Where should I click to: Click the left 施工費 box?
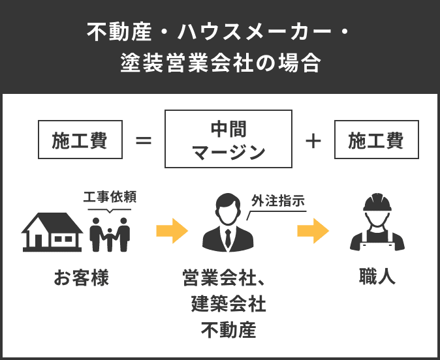81,140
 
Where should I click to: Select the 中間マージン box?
228,139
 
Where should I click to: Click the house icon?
52,232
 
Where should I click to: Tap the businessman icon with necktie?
227,226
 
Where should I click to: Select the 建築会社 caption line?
228,304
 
